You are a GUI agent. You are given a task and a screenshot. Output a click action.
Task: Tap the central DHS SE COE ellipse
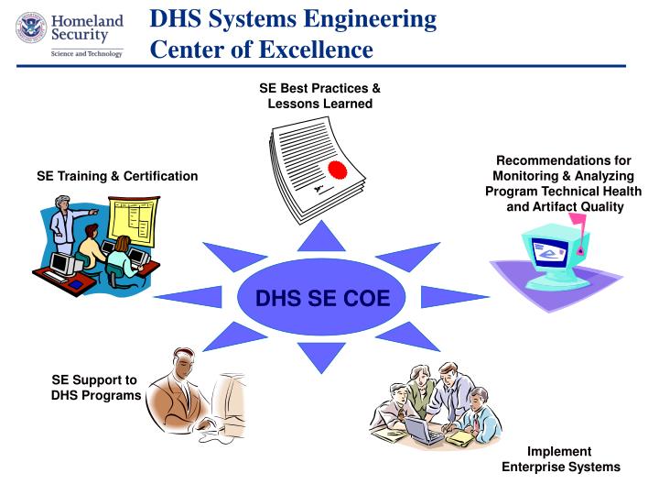(x=322, y=297)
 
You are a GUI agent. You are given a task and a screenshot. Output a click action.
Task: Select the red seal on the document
(x=339, y=170)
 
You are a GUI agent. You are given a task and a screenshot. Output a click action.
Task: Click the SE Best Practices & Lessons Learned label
(x=319, y=96)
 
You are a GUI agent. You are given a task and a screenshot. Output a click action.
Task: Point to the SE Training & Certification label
(x=117, y=175)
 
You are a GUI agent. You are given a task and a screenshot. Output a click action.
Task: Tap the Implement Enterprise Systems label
(x=560, y=459)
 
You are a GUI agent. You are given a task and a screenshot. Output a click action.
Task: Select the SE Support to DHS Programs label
(x=95, y=387)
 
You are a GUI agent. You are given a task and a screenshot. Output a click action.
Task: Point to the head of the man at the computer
(x=180, y=359)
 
